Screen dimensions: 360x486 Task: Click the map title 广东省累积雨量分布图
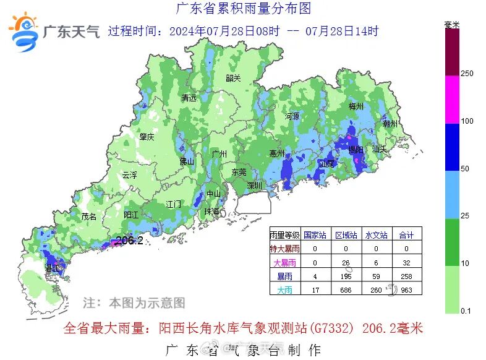(x=243, y=9)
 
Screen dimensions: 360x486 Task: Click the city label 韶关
(x=233, y=78)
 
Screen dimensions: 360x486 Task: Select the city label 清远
(x=189, y=98)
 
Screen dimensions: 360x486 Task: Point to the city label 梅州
(x=356, y=106)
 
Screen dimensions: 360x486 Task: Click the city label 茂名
(x=89, y=217)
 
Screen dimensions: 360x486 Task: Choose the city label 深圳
(x=255, y=186)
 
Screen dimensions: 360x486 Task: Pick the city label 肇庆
(x=147, y=137)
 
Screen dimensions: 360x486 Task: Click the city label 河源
(x=292, y=116)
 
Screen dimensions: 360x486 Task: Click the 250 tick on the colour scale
(x=467, y=74)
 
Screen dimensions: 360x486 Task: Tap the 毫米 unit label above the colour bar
(x=452, y=25)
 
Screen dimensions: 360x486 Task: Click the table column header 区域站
(x=346, y=235)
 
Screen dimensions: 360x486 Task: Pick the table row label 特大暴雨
(x=285, y=249)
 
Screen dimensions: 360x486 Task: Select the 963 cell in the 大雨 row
(x=406, y=289)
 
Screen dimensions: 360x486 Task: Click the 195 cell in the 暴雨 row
(x=346, y=276)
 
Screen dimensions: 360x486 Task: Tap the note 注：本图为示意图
(x=134, y=303)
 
